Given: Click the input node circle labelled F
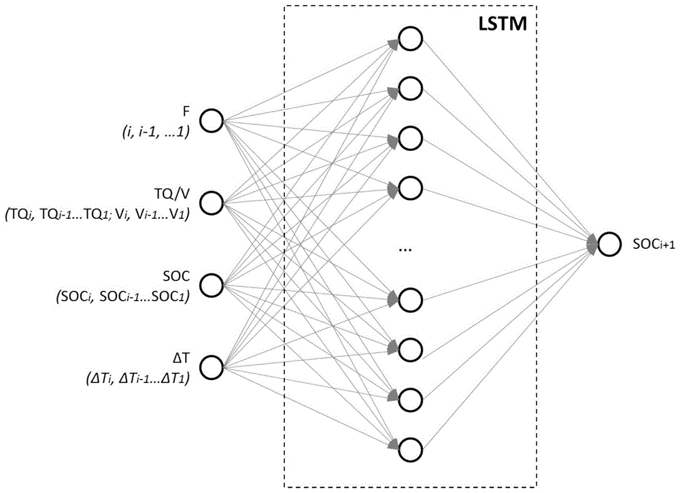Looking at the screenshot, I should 213,122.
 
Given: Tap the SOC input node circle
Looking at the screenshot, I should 213,286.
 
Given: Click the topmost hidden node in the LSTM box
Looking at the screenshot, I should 409,39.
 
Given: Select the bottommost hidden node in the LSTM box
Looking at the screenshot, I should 409,449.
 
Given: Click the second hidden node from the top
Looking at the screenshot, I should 409,88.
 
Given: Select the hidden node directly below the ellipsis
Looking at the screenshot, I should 409,299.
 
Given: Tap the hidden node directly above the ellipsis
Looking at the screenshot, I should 409,186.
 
